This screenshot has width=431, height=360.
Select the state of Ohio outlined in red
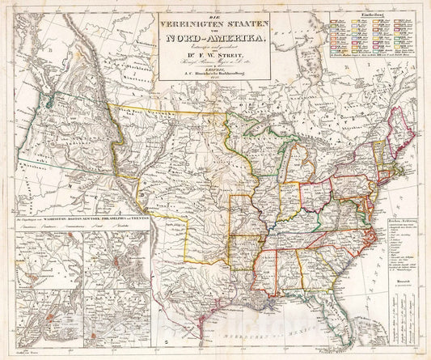coord(313,194)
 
